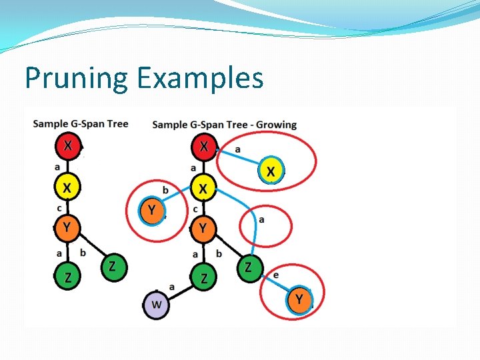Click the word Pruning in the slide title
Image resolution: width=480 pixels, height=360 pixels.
(77, 79)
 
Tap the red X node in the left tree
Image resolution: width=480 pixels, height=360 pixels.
(68, 146)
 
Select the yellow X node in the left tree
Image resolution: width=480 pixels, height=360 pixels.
(67, 187)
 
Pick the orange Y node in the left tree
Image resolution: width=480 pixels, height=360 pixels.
(67, 228)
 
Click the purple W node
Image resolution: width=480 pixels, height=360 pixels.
(156, 305)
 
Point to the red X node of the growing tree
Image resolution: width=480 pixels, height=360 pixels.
(204, 147)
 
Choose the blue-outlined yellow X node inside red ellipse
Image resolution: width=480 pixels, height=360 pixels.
(271, 171)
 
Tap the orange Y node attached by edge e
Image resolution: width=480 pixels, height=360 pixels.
(299, 300)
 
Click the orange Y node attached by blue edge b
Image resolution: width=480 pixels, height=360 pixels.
(152, 211)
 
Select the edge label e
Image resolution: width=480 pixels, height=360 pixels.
(276, 275)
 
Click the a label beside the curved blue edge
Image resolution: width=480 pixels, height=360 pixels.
(261, 220)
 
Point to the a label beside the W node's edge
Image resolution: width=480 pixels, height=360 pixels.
(172, 287)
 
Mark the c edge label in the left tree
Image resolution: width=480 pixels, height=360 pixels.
(59, 209)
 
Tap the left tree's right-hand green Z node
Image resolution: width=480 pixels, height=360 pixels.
(114, 267)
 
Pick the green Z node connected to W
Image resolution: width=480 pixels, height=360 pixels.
(204, 278)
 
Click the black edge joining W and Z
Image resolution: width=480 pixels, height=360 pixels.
(180, 292)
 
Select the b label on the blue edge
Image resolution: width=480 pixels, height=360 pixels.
(165, 191)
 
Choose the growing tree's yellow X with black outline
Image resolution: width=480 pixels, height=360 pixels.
(203, 188)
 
